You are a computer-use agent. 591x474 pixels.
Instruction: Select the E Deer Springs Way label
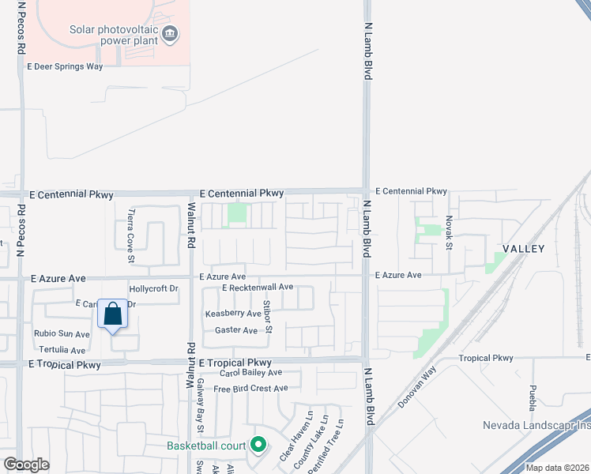(x=65, y=67)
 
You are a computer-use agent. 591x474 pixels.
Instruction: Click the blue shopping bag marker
(x=112, y=314)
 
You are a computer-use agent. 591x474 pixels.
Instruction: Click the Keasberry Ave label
(x=233, y=314)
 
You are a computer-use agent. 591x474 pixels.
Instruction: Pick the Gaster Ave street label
(x=236, y=330)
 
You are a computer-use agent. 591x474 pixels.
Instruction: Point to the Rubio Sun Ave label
(x=62, y=334)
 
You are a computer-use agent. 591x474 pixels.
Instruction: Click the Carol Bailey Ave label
(x=250, y=372)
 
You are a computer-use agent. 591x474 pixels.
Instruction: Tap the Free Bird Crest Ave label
(x=250, y=389)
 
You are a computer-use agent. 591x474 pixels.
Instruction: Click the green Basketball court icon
(x=258, y=446)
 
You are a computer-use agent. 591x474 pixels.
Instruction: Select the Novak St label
(x=448, y=233)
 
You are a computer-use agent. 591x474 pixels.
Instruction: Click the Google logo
(x=26, y=465)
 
